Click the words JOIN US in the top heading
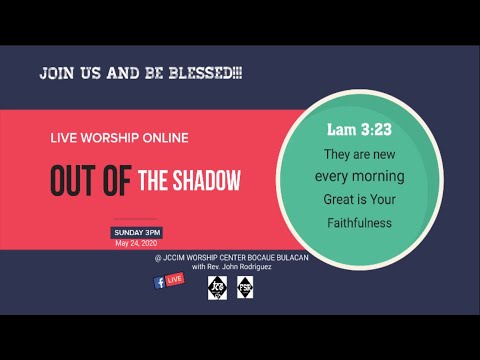click(x=67, y=73)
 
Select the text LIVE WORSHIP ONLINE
click(x=119, y=137)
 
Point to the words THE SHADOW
click(x=189, y=182)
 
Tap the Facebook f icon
click(x=159, y=282)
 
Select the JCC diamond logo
click(x=217, y=288)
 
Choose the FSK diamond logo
click(x=245, y=288)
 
